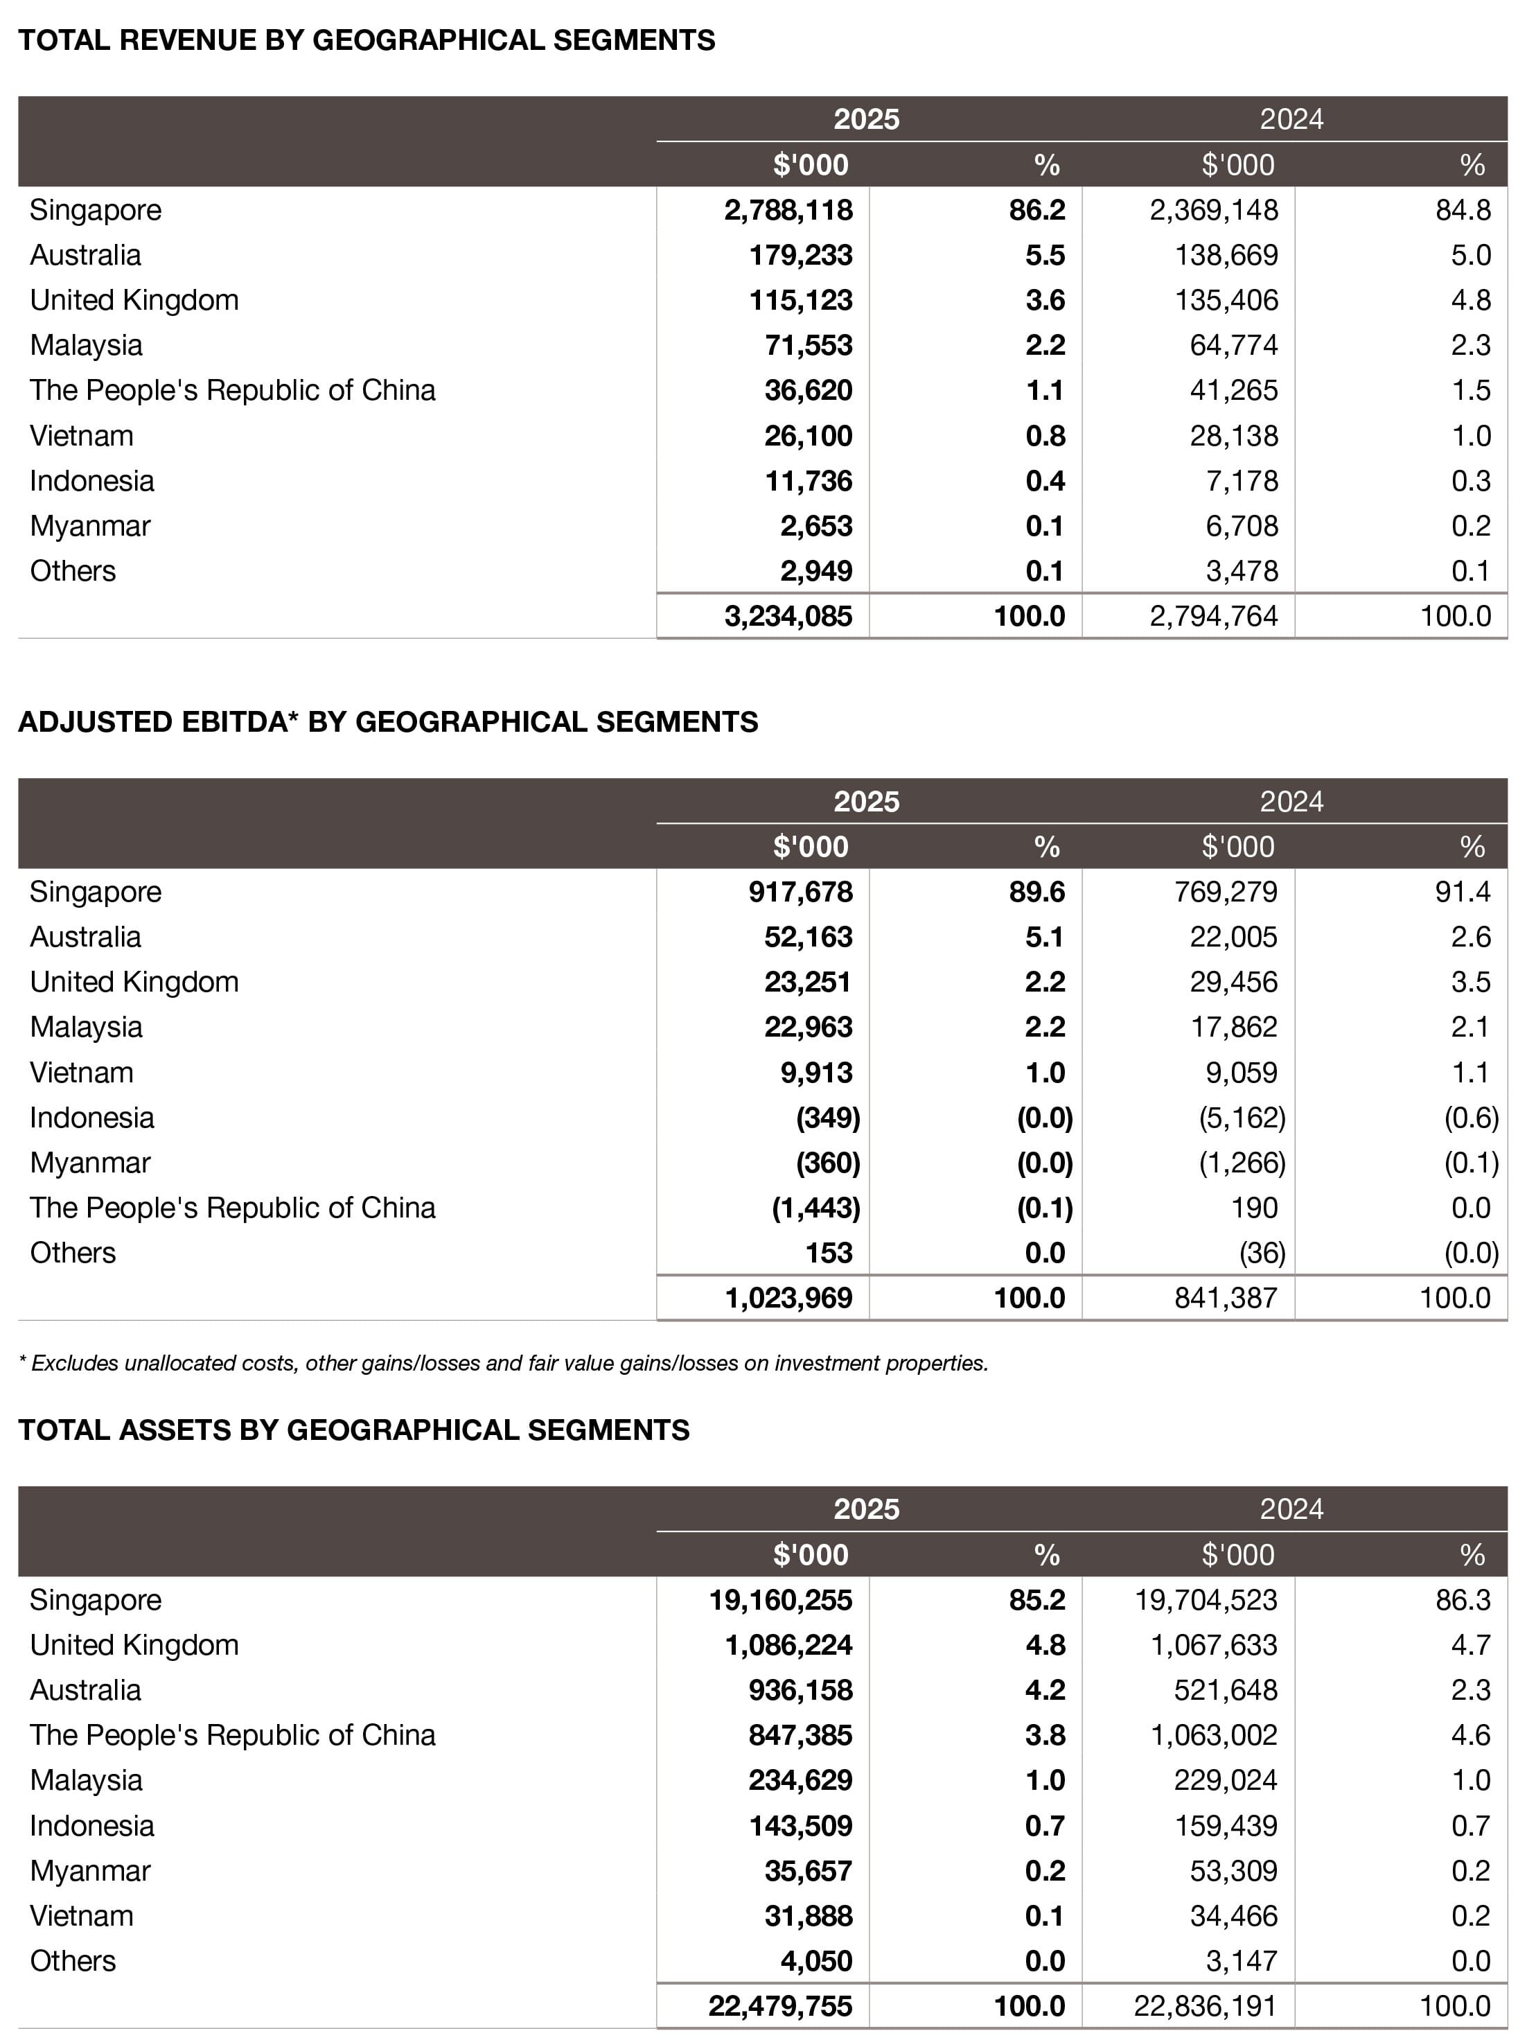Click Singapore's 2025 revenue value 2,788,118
click(x=788, y=210)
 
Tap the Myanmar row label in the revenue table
click(x=89, y=526)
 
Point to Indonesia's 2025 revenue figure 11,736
click(x=809, y=480)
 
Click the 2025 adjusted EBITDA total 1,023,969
click(x=788, y=1298)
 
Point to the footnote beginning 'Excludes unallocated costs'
click(x=504, y=1363)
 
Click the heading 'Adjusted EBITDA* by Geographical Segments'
click(x=387, y=722)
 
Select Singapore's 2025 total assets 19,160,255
click(x=780, y=1599)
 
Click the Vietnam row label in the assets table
click(x=81, y=1915)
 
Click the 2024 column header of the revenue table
click(x=1291, y=119)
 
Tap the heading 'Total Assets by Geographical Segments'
click(x=353, y=1430)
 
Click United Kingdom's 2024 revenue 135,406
click(x=1226, y=301)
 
